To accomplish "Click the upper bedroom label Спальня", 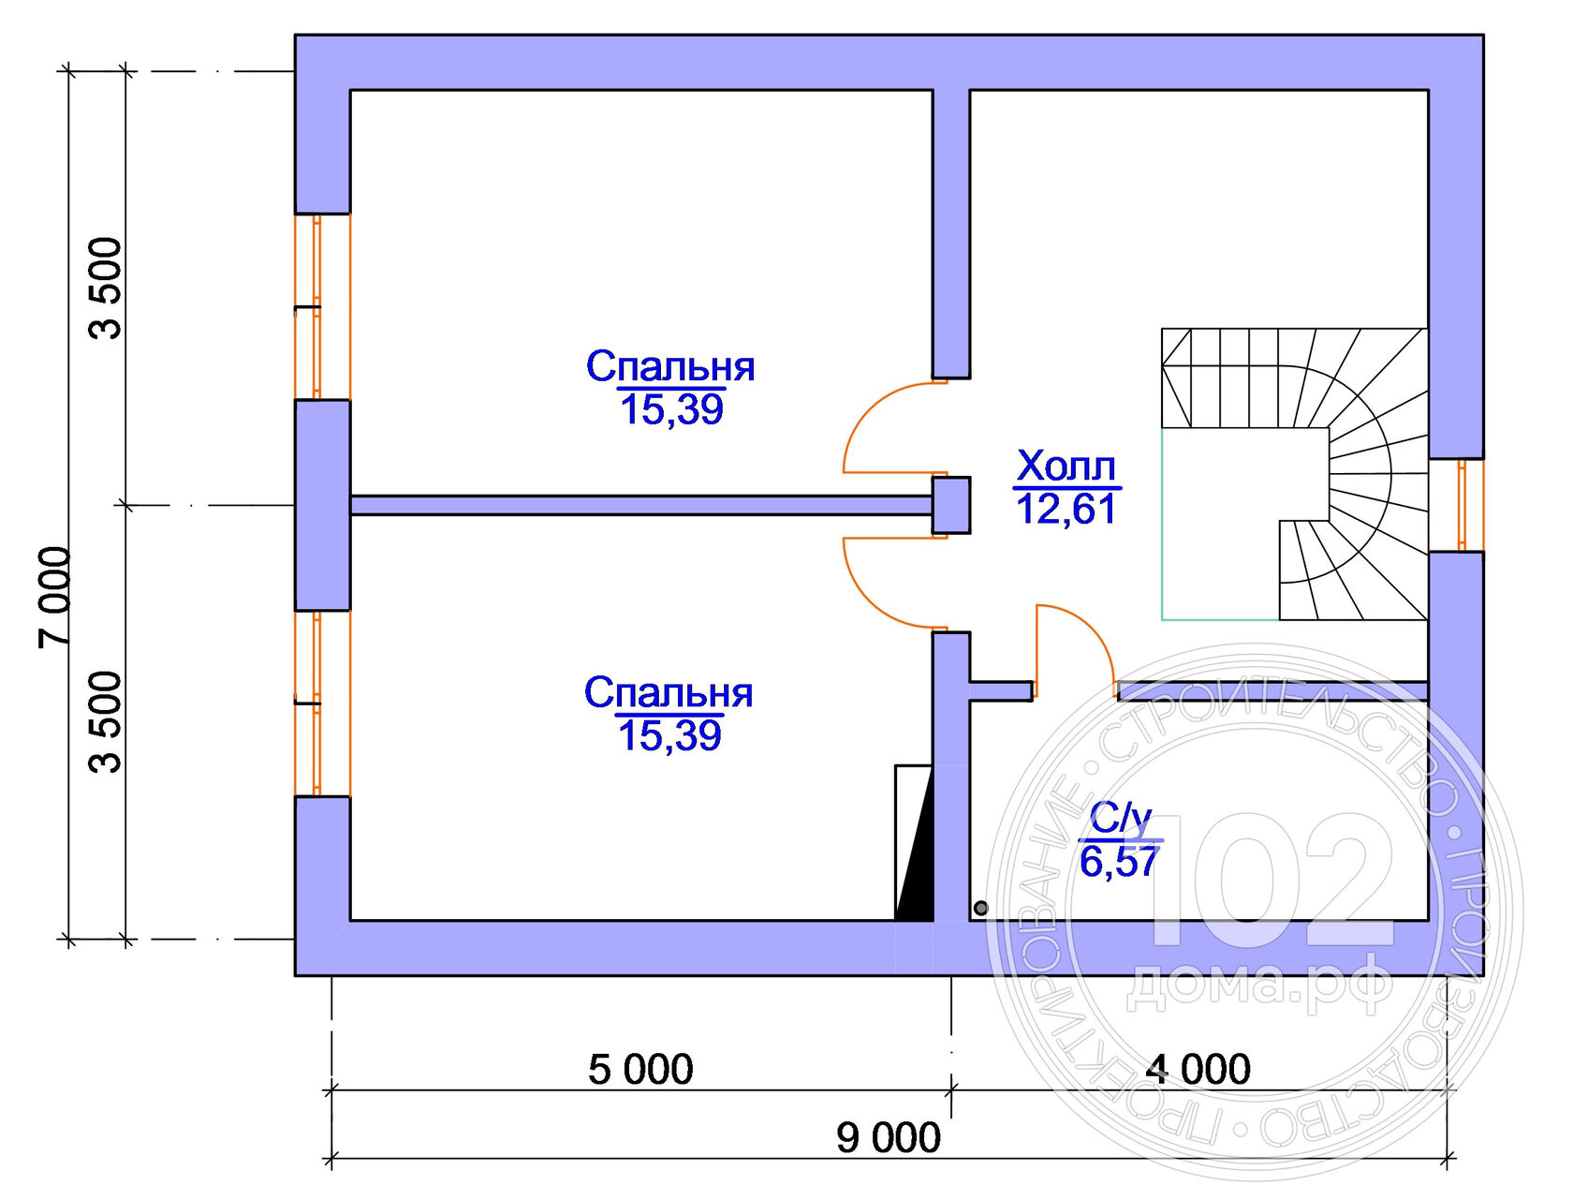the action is pyautogui.click(x=670, y=366).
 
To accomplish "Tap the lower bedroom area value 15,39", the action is pyautogui.click(x=669, y=736).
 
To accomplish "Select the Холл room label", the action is pyautogui.click(x=1066, y=466).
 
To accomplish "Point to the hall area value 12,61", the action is pyautogui.click(x=1066, y=510).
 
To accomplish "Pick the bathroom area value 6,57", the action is pyautogui.click(x=1119, y=862).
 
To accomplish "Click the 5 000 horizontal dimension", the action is pyautogui.click(x=640, y=1069).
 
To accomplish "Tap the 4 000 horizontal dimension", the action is pyautogui.click(x=1198, y=1069).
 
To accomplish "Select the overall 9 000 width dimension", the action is pyautogui.click(x=888, y=1138).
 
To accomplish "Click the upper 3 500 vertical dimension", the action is pyautogui.click(x=106, y=288).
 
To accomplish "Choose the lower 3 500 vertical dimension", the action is pyautogui.click(x=106, y=722).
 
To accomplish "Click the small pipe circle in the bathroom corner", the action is pyautogui.click(x=980, y=908).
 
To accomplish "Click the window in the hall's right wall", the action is pyautogui.click(x=1462, y=505).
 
